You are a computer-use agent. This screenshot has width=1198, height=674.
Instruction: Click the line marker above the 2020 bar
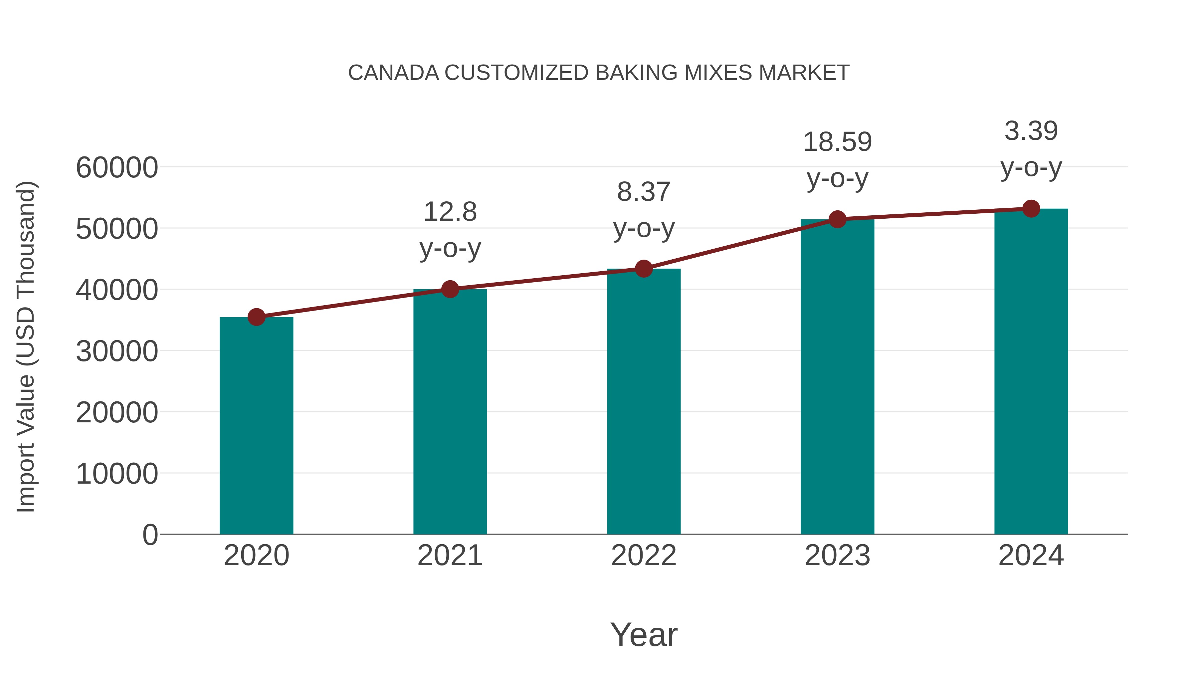coord(256,317)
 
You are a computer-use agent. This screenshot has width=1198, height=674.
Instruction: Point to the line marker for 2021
coord(450,289)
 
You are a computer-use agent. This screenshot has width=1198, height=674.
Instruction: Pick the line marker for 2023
coord(837,219)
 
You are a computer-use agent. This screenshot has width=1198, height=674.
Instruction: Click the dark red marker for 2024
coord(1031,209)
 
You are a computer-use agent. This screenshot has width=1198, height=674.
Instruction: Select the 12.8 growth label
coord(450,212)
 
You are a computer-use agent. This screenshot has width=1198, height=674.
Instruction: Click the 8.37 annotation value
coord(644,192)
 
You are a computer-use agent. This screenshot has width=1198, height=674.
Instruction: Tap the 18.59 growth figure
coord(837,142)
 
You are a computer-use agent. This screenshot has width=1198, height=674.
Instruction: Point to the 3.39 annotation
coord(1031,131)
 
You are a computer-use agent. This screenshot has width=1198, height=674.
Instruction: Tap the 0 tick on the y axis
coord(150,535)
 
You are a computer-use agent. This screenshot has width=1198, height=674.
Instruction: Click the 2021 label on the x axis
coord(450,556)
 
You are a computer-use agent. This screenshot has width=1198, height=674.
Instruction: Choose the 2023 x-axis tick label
coord(837,556)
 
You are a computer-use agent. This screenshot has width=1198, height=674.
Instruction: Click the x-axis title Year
coord(644,634)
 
